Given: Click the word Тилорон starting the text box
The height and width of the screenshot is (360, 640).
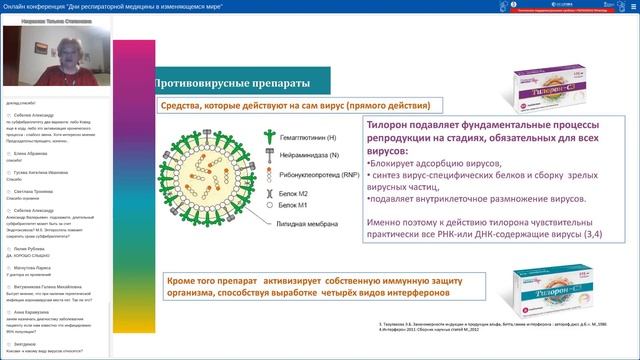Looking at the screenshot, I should coord(388,128).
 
